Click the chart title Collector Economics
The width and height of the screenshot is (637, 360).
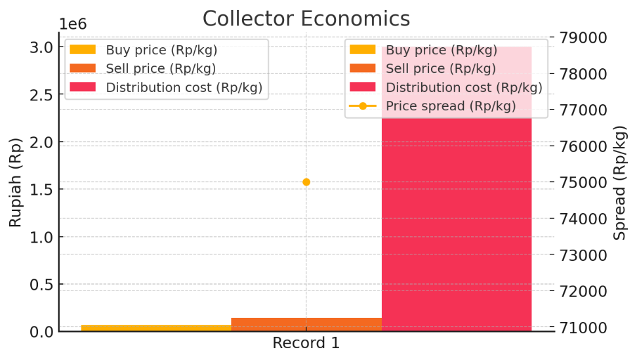pyautogui.click(x=306, y=18)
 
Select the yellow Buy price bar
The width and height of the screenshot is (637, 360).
pyautogui.click(x=156, y=328)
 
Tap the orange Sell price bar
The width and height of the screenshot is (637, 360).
pyautogui.click(x=306, y=324)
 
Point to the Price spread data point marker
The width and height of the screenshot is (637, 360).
pyautogui.click(x=306, y=182)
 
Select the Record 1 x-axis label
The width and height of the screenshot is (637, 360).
pyautogui.click(x=306, y=343)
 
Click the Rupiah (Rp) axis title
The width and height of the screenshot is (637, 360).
pyautogui.click(x=15, y=182)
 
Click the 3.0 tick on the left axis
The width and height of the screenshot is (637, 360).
pyautogui.click(x=41, y=47)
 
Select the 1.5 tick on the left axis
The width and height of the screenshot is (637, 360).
pyautogui.click(x=41, y=190)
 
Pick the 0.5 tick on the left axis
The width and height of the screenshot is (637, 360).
pyautogui.click(x=41, y=285)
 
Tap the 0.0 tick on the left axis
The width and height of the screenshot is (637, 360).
pyautogui.click(x=41, y=332)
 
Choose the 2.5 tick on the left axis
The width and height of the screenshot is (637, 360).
pyautogui.click(x=41, y=95)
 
